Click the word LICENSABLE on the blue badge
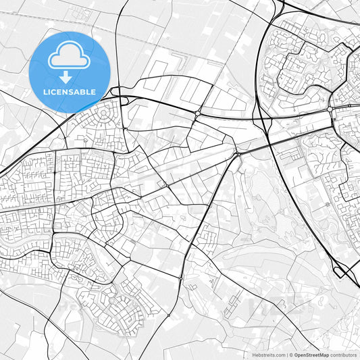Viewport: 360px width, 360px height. tap(70, 91)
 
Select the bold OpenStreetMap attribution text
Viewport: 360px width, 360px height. tap(311, 355)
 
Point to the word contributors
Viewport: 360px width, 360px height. tap(344, 355)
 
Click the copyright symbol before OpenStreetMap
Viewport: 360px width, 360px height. tap(291, 355)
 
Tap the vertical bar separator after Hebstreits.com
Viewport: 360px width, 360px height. tap(286, 355)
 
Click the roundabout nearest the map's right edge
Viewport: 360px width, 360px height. tap(330, 109)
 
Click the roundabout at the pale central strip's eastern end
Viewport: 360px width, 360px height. tap(238, 155)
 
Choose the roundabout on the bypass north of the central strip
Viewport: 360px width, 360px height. tap(197, 115)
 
